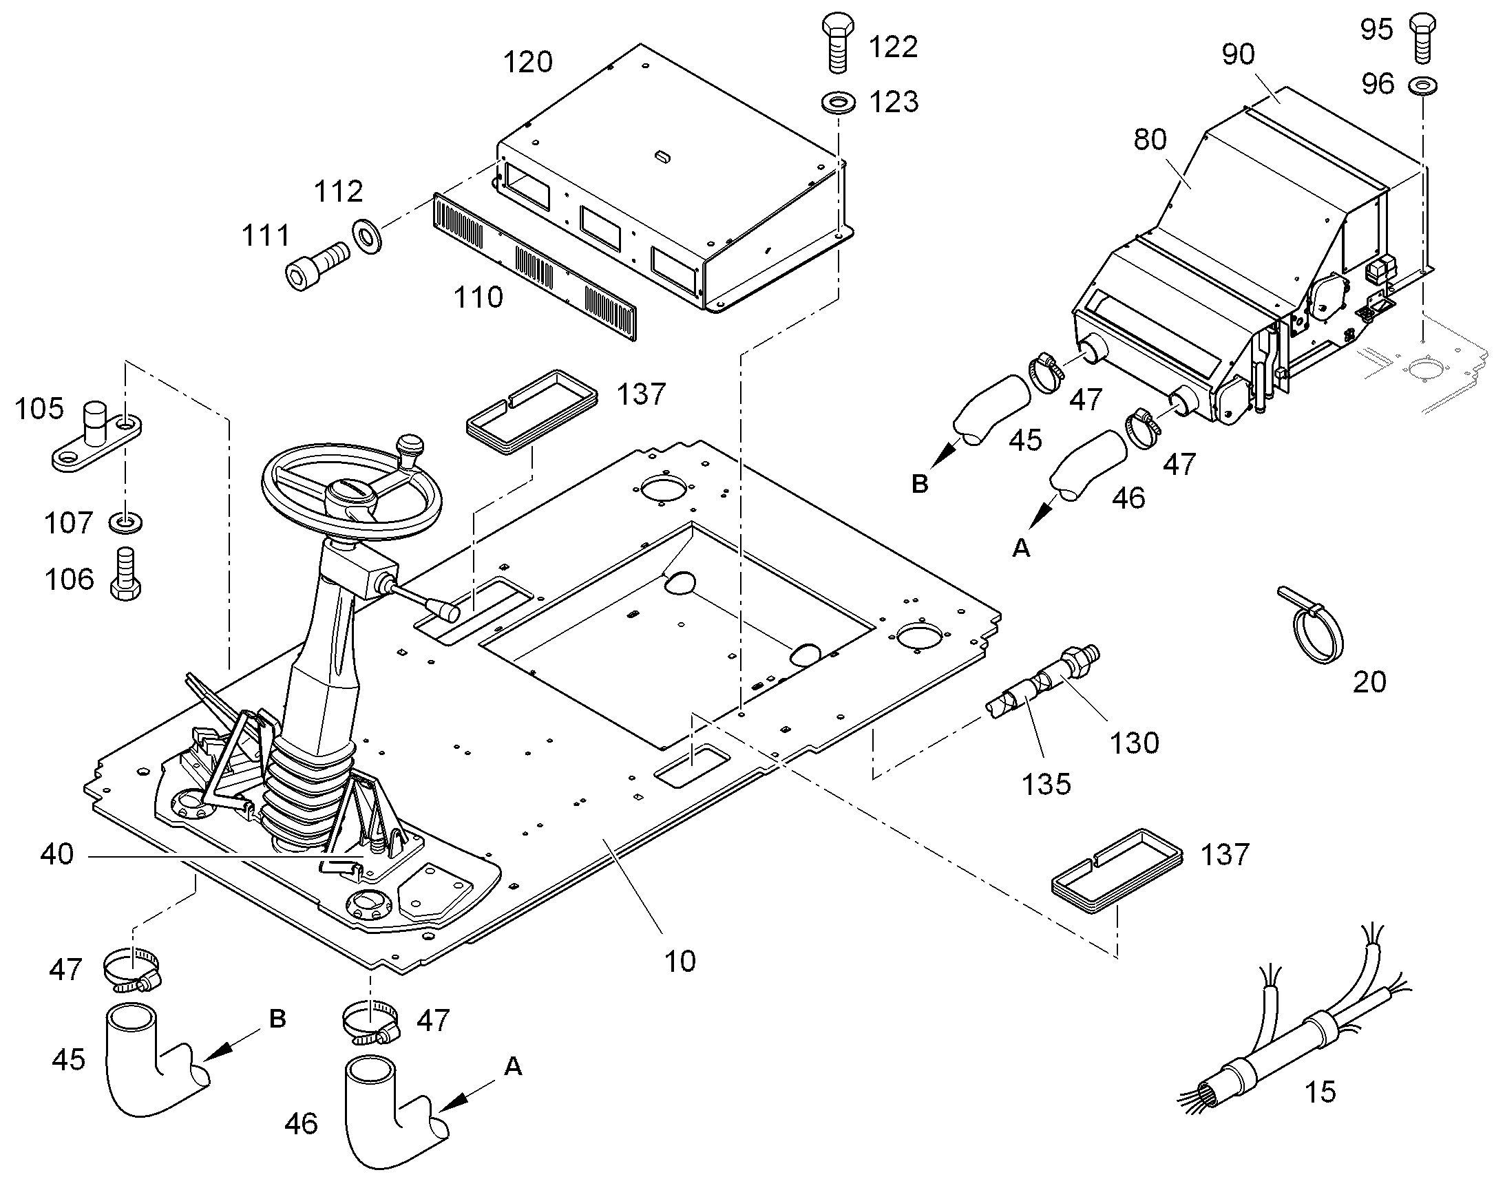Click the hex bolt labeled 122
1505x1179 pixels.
836,42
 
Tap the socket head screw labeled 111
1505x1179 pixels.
316,265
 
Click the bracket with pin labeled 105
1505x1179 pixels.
96,437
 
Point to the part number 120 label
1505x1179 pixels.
528,63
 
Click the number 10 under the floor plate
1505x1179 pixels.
680,962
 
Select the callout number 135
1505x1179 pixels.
1046,784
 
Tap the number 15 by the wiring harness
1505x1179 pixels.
1320,1092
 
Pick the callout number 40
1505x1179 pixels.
56,855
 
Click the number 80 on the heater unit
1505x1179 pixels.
1150,140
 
